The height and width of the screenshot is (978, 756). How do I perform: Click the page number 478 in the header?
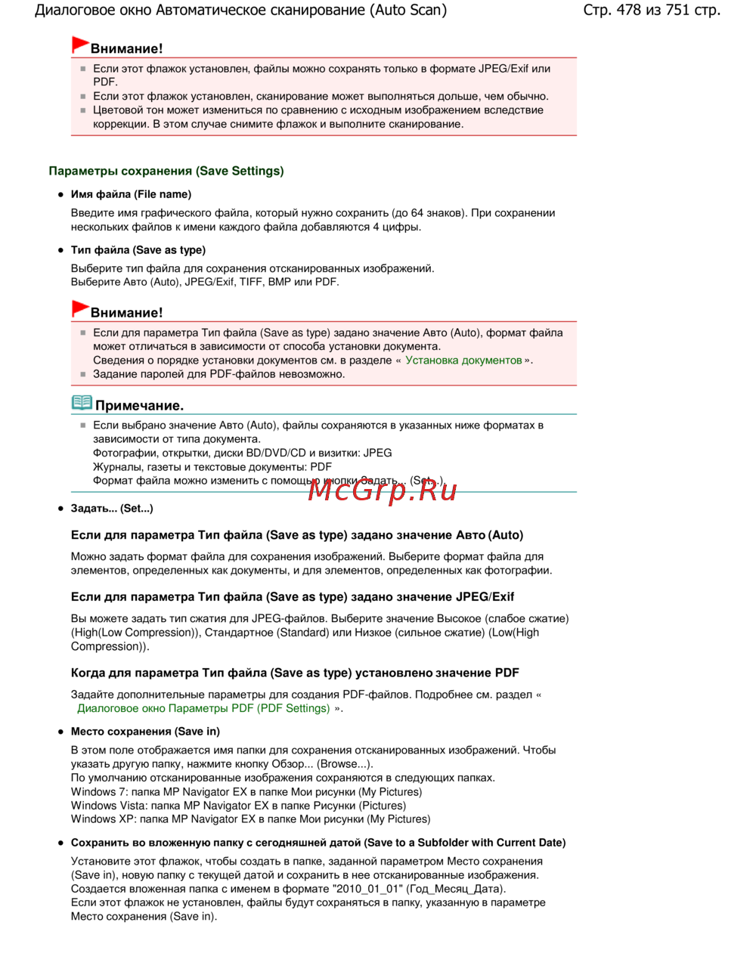click(x=629, y=10)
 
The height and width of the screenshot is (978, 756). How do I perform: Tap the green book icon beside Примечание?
click(x=82, y=403)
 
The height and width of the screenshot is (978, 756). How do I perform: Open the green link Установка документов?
click(x=463, y=361)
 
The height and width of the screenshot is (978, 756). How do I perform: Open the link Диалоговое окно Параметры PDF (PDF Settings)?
click(x=203, y=708)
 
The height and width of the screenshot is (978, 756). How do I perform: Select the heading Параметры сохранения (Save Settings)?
click(x=166, y=171)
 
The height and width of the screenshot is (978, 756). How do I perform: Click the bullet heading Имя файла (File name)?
click(x=131, y=194)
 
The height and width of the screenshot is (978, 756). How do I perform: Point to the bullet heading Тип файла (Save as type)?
click(x=138, y=250)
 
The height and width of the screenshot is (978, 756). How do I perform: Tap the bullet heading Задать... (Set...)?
click(x=112, y=509)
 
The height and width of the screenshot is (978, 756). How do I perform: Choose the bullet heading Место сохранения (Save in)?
click(x=145, y=732)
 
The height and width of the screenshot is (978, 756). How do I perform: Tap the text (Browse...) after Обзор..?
click(x=345, y=764)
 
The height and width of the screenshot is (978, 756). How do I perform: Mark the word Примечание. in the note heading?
click(x=139, y=406)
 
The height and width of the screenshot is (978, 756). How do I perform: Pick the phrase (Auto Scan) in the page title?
click(x=408, y=10)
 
